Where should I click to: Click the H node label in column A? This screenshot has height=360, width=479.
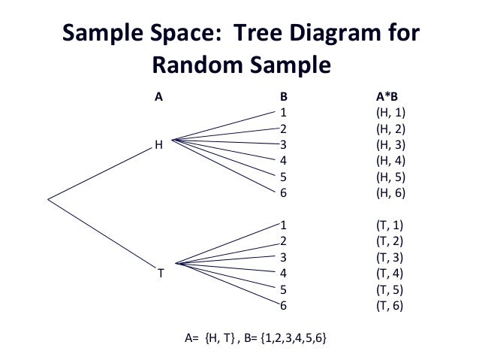(x=158, y=145)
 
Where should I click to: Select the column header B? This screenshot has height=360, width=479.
(x=283, y=97)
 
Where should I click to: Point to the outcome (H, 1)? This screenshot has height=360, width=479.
(x=390, y=113)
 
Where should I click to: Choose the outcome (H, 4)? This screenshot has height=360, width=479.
(x=390, y=161)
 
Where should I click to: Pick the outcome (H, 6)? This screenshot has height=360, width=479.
(x=390, y=192)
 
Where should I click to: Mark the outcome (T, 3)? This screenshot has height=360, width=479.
(x=390, y=257)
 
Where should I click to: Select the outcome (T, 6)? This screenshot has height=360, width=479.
(x=390, y=305)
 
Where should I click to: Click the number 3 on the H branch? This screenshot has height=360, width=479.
(x=283, y=144)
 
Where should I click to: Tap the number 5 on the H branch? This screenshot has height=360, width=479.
(x=283, y=177)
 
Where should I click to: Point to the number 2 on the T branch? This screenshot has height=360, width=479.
(x=283, y=241)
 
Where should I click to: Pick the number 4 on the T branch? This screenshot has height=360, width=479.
(x=283, y=273)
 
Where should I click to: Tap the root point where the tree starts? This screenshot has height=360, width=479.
(x=48, y=199)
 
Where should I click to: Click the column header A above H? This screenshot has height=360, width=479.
(x=158, y=97)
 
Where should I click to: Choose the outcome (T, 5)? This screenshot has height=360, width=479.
(x=390, y=289)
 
